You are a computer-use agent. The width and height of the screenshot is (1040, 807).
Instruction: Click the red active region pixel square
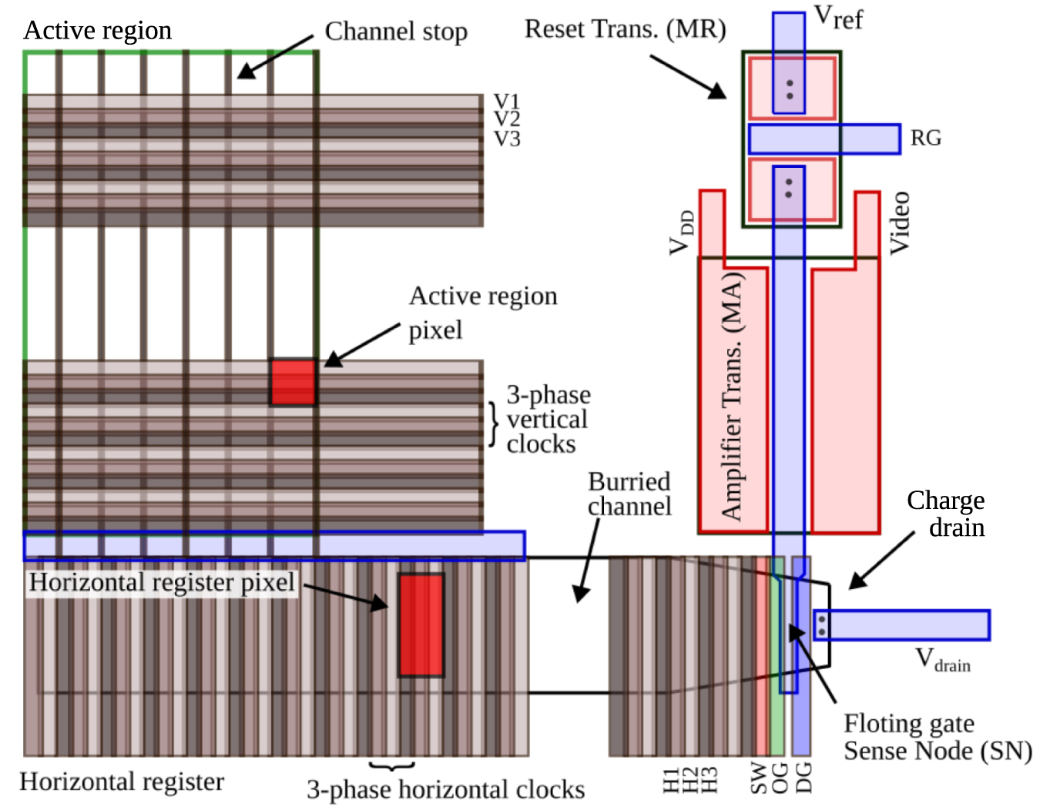(x=293, y=382)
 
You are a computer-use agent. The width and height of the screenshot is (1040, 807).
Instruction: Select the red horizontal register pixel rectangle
(x=421, y=625)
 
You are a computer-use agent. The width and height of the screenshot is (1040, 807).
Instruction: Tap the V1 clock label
(x=507, y=101)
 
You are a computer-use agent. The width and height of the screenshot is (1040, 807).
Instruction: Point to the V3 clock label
(x=507, y=139)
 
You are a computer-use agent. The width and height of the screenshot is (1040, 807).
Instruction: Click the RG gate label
(x=926, y=139)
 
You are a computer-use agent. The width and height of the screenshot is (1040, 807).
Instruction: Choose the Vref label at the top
(x=838, y=17)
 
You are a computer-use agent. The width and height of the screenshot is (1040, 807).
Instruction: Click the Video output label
(x=900, y=223)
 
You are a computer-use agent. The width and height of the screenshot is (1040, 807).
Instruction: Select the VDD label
(x=681, y=233)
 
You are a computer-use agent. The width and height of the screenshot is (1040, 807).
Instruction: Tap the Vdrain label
(x=942, y=660)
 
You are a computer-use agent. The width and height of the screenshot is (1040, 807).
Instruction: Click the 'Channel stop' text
(x=396, y=32)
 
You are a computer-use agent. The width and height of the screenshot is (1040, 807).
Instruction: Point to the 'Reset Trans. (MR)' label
(x=625, y=29)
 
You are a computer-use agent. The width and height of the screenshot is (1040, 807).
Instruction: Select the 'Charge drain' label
(x=946, y=514)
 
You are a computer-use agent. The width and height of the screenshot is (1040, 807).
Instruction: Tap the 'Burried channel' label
(x=629, y=494)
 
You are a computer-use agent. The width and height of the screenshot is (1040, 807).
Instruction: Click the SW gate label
(x=759, y=778)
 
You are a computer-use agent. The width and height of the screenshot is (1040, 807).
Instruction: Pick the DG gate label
(x=803, y=778)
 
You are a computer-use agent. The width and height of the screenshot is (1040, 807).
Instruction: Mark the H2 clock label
(x=690, y=779)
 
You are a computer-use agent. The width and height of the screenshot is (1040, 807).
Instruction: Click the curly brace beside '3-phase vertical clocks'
(x=493, y=424)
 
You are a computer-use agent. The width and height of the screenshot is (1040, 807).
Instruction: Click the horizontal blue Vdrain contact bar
(x=901, y=625)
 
